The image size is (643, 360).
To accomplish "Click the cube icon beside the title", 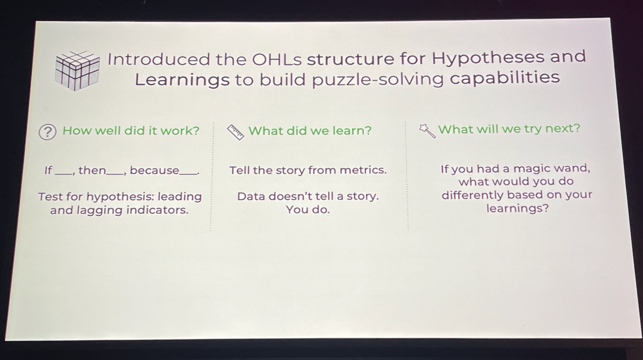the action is (x=77, y=71).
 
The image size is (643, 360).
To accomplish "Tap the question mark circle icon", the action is (x=47, y=132).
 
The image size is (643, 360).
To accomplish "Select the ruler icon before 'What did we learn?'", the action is (x=236, y=132).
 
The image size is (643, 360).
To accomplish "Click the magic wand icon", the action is (x=427, y=131).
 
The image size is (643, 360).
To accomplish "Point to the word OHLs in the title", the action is (x=277, y=59).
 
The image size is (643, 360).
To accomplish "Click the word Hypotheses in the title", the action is (x=488, y=58).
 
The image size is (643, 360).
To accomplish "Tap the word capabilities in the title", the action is (x=505, y=78).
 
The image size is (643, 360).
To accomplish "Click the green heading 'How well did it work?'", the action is (x=131, y=131).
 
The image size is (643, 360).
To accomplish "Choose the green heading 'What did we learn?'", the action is (x=310, y=131).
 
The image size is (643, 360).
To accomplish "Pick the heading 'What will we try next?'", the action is (x=509, y=129).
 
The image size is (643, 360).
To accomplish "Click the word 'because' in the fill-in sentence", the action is (x=155, y=171).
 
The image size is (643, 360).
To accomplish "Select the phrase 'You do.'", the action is (x=308, y=210).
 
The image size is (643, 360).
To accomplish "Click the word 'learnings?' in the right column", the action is (x=517, y=208).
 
